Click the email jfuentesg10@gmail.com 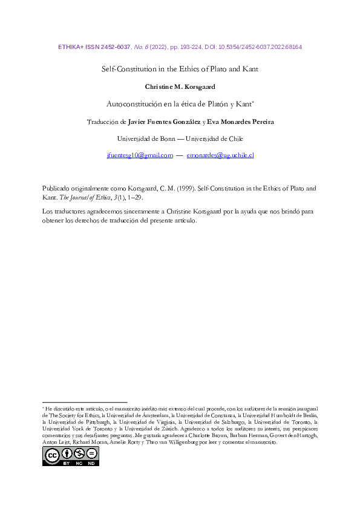coord(140,155)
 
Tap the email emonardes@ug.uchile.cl coord(220,155)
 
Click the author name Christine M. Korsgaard coord(180,86)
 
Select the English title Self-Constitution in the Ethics coord(180,69)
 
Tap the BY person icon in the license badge coord(66,453)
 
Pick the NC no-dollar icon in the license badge coord(79,453)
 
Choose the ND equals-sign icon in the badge coord(91,453)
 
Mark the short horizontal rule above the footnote coord(84,401)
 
